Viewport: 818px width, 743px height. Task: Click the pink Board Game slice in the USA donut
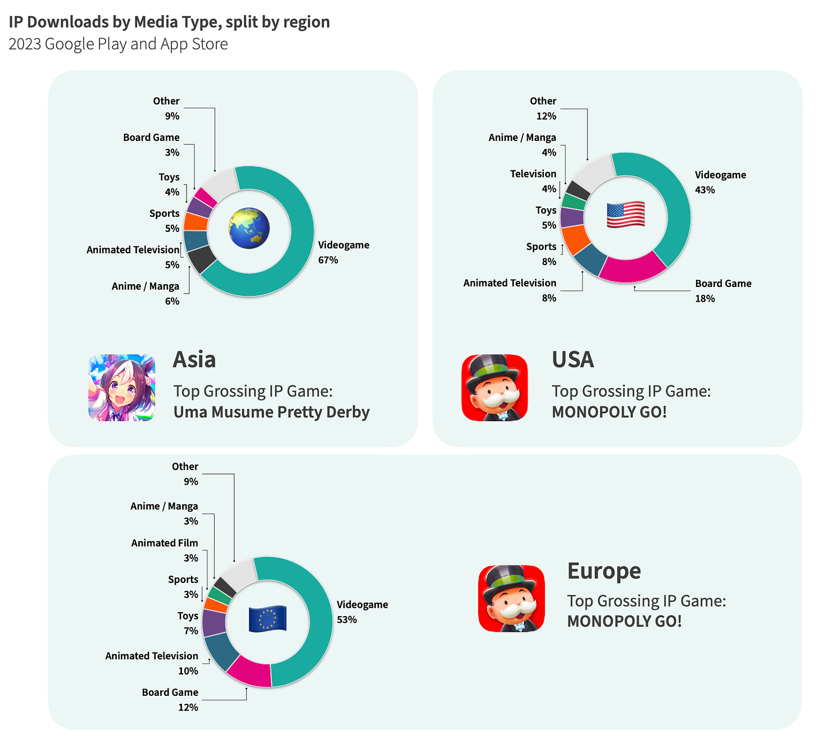coord(633,268)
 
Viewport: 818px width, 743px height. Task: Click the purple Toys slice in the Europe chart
coord(213,622)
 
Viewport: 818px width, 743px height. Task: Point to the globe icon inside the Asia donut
coord(249,229)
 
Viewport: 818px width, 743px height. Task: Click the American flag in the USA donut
coord(625,215)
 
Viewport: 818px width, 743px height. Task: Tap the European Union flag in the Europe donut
coord(267,619)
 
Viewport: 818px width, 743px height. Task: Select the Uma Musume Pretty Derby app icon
coord(122,388)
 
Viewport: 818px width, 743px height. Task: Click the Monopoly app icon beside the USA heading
coord(494,388)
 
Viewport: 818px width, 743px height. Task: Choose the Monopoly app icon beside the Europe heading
coord(511,599)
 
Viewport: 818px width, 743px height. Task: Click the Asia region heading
coord(194,360)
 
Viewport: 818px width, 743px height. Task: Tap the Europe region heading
coord(604,571)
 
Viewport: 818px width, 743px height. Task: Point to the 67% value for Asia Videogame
coord(328,260)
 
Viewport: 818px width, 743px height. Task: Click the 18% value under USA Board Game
coord(705,299)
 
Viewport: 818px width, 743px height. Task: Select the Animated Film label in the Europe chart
coord(165,543)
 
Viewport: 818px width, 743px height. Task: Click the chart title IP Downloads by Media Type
coord(169,22)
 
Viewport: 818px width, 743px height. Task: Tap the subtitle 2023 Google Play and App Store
coord(118,44)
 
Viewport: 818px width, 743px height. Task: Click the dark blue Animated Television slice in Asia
coord(196,240)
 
